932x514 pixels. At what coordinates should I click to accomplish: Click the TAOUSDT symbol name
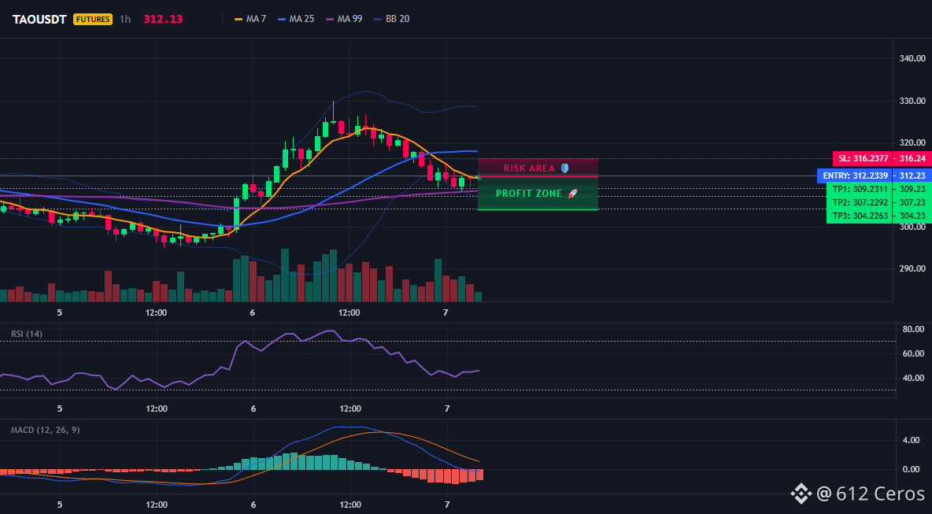pos(39,19)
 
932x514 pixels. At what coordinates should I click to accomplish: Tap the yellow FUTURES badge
pos(93,19)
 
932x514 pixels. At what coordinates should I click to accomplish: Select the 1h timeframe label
pos(125,19)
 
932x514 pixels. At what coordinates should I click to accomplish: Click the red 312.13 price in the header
pos(163,19)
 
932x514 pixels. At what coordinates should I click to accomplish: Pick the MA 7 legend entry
pos(251,19)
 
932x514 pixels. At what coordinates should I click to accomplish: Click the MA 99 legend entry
pos(344,19)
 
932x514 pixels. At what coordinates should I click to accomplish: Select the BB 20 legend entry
pos(392,19)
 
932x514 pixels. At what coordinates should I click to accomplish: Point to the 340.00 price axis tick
pos(912,59)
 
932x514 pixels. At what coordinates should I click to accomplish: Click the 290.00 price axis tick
pos(912,268)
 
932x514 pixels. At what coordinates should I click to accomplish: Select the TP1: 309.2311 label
pos(861,189)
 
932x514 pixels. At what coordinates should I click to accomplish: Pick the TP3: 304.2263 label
pos(861,216)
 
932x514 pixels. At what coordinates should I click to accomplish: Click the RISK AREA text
pos(529,168)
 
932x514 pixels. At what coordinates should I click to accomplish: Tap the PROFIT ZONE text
pos(529,194)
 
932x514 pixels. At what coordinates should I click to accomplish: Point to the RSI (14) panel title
pos(27,334)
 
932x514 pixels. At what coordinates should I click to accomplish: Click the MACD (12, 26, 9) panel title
pos(45,430)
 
